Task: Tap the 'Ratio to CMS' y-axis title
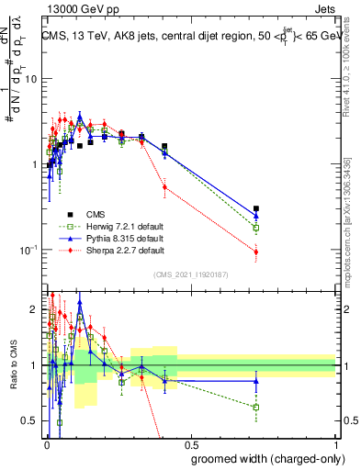coord(12,367)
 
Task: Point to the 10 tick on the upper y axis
coord(31,79)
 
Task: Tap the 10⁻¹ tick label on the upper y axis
coord(28,249)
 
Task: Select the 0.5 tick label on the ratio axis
coord(29,421)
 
